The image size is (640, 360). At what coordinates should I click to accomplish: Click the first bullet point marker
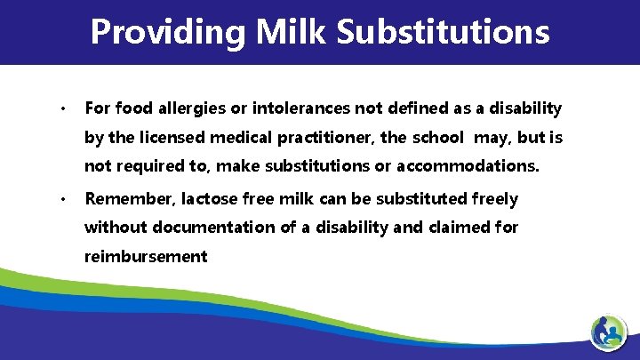point(64,109)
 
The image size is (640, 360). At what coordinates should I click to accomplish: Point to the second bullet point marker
point(64,199)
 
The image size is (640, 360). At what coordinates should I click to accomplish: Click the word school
point(436,138)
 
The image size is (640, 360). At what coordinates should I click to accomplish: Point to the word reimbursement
point(146,256)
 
